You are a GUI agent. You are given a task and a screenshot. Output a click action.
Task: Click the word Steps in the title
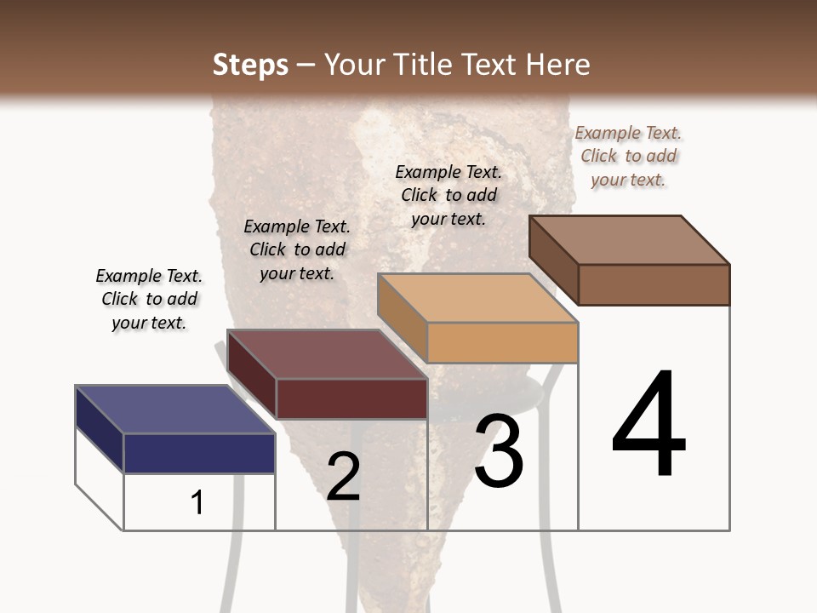(250, 65)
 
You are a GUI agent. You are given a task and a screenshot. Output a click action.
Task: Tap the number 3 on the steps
(498, 451)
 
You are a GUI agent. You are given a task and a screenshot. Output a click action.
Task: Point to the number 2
(343, 477)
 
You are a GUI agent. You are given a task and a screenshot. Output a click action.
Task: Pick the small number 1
(197, 502)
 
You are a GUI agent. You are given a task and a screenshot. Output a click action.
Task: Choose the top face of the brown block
(630, 239)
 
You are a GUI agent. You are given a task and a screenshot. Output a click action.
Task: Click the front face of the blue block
(200, 453)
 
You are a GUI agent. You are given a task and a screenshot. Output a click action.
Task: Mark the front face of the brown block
(654, 284)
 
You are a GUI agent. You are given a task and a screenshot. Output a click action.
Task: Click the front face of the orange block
(502, 343)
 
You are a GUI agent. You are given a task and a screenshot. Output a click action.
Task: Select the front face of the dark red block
(351, 398)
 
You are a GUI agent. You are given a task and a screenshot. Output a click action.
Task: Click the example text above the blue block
(149, 299)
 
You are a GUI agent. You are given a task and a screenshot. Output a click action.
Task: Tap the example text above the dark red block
(297, 249)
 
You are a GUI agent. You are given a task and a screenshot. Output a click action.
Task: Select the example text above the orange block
(448, 195)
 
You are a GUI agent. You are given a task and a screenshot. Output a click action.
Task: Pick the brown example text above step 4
(628, 156)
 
